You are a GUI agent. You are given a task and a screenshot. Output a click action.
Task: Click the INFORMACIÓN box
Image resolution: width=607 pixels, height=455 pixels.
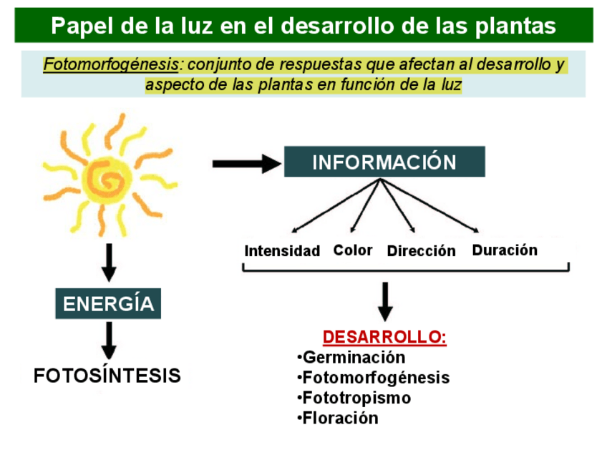pos(384,162)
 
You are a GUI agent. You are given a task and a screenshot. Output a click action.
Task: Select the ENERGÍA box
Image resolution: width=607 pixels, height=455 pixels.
pos(108,303)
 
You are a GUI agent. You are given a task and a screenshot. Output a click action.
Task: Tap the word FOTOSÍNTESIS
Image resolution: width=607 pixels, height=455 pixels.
pos(107,376)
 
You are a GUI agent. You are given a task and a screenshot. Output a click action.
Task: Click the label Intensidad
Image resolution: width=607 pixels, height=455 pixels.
pos(282,251)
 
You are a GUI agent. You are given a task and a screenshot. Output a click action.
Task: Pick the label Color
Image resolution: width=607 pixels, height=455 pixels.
pos(353,250)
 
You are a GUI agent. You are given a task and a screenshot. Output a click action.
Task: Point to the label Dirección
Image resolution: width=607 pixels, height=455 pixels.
pos(421,251)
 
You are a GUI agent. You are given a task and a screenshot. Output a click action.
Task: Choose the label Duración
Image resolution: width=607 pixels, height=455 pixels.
pos(505,250)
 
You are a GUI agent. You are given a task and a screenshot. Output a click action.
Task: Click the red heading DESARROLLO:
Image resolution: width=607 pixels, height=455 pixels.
pos(384,337)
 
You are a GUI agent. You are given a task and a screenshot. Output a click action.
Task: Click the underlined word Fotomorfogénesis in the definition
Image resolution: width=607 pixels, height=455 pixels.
pos(111,65)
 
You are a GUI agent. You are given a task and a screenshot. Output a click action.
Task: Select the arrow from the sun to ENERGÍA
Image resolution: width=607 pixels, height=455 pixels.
pos(109,263)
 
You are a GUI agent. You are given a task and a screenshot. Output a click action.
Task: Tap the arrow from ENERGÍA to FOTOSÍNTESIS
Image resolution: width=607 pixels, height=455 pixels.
pos(109,340)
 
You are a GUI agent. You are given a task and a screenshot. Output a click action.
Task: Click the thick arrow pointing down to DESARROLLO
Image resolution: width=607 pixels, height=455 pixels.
pos(385,301)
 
